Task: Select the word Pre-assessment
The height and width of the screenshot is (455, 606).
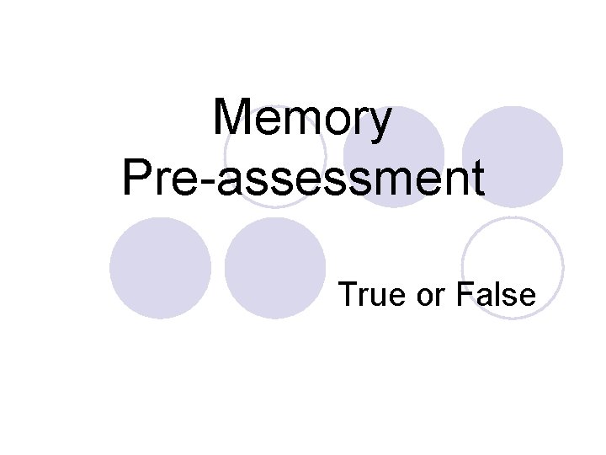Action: (x=303, y=178)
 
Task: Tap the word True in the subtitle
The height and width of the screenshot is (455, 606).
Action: (x=366, y=294)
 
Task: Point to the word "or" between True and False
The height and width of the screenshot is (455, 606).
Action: (x=426, y=295)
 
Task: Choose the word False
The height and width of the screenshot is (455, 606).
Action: (x=497, y=294)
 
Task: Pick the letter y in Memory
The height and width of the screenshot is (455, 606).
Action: (x=380, y=125)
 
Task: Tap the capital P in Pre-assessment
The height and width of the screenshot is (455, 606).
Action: (x=137, y=178)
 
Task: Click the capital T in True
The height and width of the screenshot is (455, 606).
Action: (x=347, y=294)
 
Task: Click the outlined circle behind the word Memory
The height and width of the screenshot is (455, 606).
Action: (x=274, y=157)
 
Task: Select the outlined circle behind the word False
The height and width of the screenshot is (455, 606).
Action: (x=512, y=267)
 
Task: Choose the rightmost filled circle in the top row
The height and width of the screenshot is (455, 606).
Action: (x=512, y=155)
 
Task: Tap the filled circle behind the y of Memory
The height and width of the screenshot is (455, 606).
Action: (x=393, y=157)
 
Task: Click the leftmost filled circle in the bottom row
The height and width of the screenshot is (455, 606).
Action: (x=160, y=268)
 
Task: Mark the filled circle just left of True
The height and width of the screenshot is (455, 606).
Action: (x=275, y=268)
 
